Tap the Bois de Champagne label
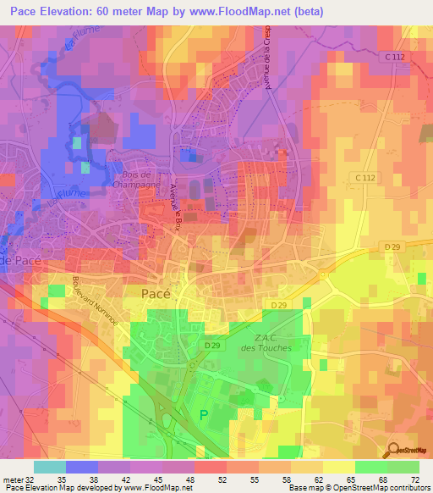click(x=132, y=177)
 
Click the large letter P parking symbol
click(x=202, y=415)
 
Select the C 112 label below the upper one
click(x=364, y=176)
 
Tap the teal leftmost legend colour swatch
click(x=49, y=467)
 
